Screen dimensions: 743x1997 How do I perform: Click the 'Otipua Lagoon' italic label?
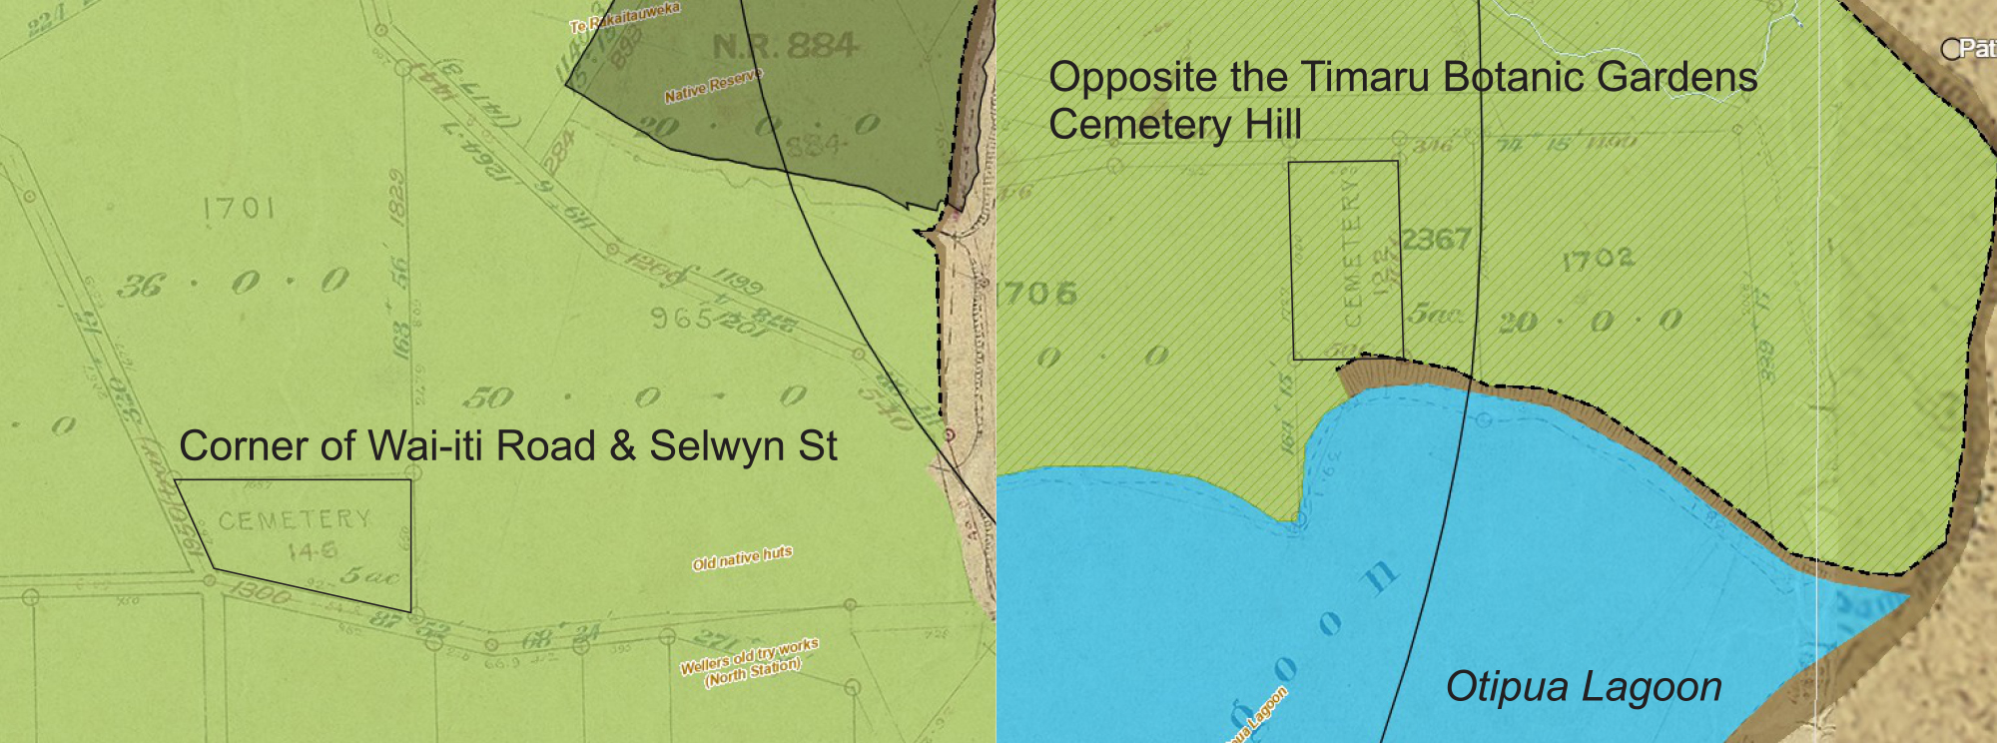pyautogui.click(x=1584, y=687)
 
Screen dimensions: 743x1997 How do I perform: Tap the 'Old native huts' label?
pyautogui.click(x=742, y=558)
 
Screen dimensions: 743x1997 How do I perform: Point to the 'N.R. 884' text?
pyautogui.click(x=785, y=46)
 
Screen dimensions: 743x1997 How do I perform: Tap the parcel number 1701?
pyautogui.click(x=239, y=208)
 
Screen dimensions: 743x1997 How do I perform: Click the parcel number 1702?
pyautogui.click(x=1598, y=260)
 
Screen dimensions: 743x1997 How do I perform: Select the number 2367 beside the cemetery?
pyautogui.click(x=1436, y=240)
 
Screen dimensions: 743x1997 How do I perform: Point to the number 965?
pyautogui.click(x=682, y=319)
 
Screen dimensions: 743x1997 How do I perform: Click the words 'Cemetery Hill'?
pyautogui.click(x=1175, y=125)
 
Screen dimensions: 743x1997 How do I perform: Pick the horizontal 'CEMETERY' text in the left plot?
pyautogui.click(x=295, y=520)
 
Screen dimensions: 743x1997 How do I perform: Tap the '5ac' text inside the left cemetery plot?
pyautogui.click(x=369, y=576)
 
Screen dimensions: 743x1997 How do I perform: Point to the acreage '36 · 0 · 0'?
pyautogui.click(x=234, y=284)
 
